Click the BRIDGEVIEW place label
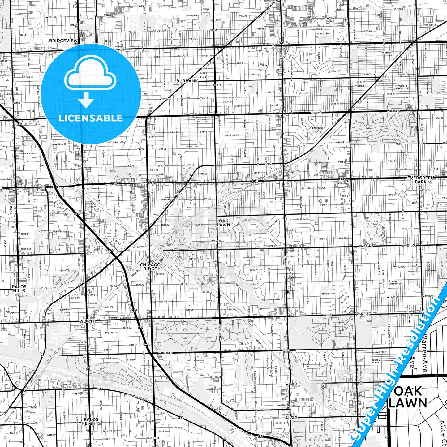63,41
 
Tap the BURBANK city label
187,81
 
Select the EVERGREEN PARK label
420,180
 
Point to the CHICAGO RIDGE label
150,267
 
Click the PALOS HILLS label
19,289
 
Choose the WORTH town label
87,321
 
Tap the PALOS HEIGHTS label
91,421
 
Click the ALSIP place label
291,418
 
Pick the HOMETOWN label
317,128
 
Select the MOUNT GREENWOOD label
395,282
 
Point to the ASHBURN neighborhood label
386,53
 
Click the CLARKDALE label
369,75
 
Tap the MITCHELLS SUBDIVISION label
401,88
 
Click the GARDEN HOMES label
376,361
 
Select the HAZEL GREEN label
286,351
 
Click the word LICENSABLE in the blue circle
91,118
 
